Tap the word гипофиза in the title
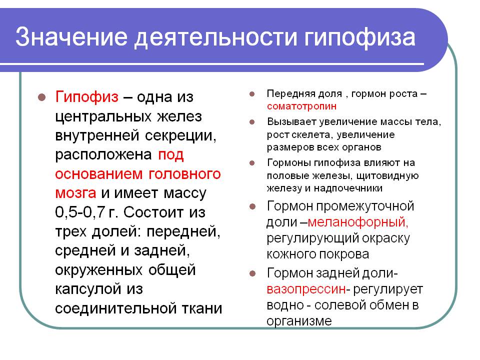[x=359, y=38]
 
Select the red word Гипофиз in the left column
[x=86, y=97]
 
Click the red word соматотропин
[x=301, y=106]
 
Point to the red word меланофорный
[x=358, y=222]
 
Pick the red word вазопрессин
[x=306, y=289]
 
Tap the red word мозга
[x=75, y=193]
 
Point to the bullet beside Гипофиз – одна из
[x=42, y=97]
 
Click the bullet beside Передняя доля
[x=252, y=94]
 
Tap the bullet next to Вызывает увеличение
[x=252, y=122]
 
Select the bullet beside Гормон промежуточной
[x=252, y=206]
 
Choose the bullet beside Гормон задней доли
[x=252, y=273]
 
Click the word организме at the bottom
[x=299, y=321]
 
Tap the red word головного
[x=184, y=174]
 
